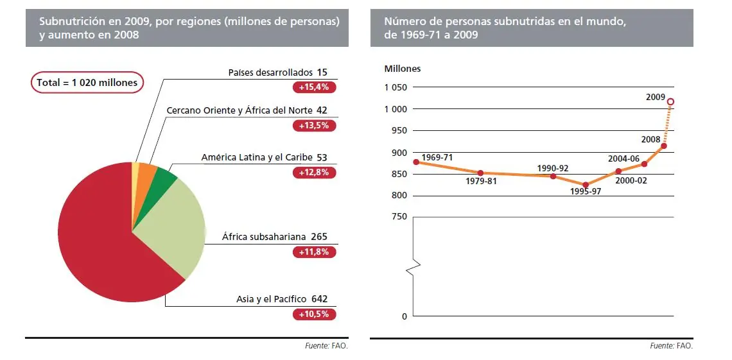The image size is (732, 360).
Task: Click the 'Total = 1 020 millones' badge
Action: coord(87,82)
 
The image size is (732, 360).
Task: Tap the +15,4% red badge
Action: coord(314,87)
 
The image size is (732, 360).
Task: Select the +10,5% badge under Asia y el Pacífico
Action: coord(314,314)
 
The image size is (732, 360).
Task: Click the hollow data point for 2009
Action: coord(670,101)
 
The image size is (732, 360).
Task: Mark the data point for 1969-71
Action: coord(416,162)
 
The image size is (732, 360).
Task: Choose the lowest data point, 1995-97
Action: coord(585,185)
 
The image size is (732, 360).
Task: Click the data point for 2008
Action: coord(663,146)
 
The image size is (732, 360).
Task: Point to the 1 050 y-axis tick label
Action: coord(396,88)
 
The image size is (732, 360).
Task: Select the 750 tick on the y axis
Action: coord(400,217)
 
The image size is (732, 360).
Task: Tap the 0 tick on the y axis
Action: coord(405,316)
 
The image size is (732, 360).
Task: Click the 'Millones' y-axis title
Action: coord(403,69)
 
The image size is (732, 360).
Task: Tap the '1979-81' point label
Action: coord(482,181)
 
